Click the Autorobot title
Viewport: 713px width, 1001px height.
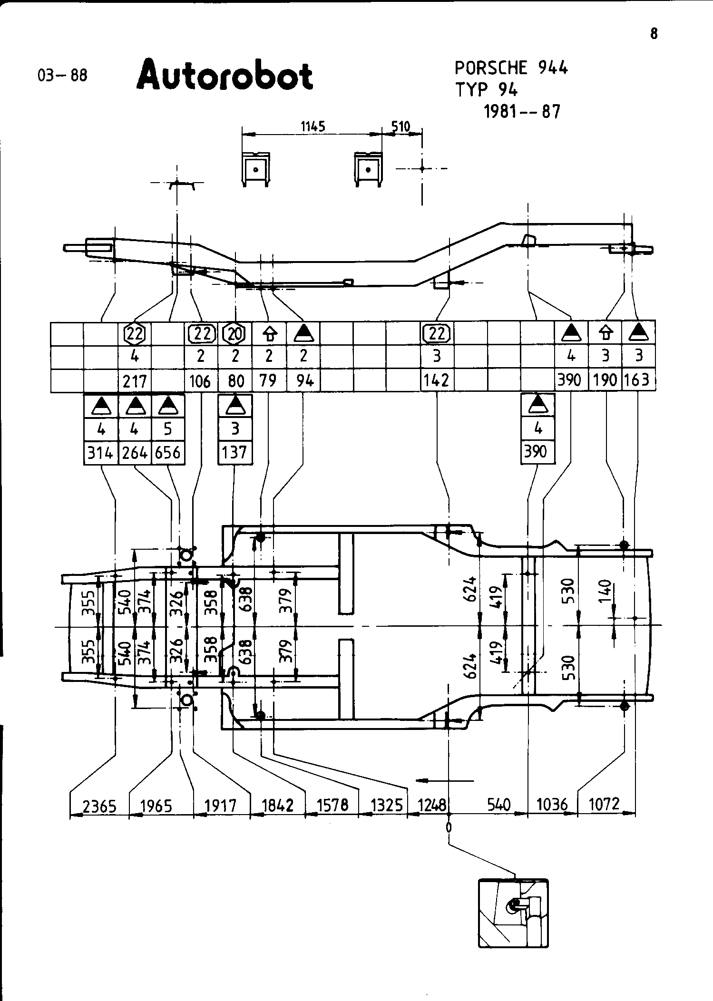(225, 75)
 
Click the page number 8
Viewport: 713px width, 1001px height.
(654, 34)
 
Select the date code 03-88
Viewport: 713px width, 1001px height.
(62, 76)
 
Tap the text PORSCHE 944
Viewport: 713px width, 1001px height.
(511, 68)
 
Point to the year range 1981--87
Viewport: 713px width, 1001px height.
(522, 112)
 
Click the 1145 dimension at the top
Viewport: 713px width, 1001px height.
(313, 126)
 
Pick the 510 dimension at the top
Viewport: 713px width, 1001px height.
(400, 126)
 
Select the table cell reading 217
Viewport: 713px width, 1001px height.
(134, 381)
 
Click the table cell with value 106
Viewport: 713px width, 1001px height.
(200, 381)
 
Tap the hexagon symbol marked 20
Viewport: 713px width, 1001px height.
(234, 334)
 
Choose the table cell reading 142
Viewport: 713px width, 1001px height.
(437, 381)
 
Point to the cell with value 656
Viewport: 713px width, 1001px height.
(167, 452)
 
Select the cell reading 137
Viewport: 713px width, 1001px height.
(234, 452)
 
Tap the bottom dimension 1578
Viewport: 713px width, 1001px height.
(332, 806)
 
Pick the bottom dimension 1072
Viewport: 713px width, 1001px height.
(605, 804)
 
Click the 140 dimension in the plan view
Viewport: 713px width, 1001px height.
(605, 590)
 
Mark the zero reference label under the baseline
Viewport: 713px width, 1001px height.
(449, 827)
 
